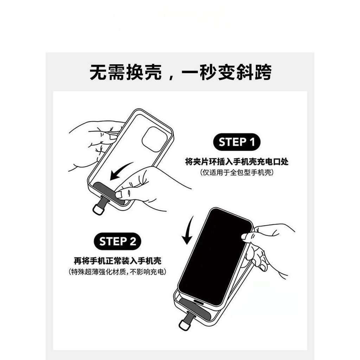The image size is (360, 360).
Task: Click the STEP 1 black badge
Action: click(x=237, y=142)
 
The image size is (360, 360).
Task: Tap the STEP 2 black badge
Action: click(x=117, y=241)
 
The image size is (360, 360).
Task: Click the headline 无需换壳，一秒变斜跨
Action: click(x=180, y=72)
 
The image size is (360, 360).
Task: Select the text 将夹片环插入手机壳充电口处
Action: click(x=237, y=162)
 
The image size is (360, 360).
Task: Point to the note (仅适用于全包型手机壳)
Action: click(x=237, y=172)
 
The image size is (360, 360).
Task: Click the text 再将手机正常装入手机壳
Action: click(x=117, y=261)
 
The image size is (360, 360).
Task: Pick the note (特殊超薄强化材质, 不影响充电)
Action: click(x=117, y=272)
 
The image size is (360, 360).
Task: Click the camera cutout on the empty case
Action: click(x=154, y=139)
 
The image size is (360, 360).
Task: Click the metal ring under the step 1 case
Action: click(x=98, y=210)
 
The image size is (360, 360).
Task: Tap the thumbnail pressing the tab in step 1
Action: click(x=119, y=195)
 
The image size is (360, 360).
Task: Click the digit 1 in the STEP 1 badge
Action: click(x=252, y=142)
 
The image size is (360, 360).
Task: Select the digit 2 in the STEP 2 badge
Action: click(x=133, y=242)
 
